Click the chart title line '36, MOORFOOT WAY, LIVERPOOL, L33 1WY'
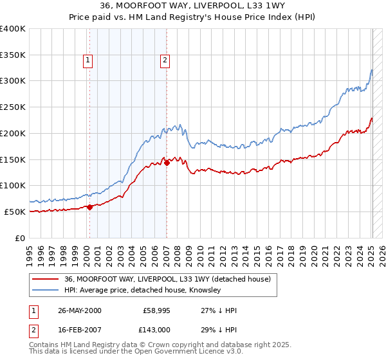pyautogui.click(x=193, y=6)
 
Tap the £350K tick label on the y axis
pyautogui.click(x=13, y=55)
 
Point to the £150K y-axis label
pyautogui.click(x=13, y=159)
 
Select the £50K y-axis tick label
pyautogui.click(x=15, y=212)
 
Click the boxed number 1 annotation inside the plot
pyautogui.click(x=87, y=61)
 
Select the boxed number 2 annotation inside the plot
pyautogui.click(x=165, y=61)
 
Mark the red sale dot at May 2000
pyautogui.click(x=89, y=206)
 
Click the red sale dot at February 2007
pyautogui.click(x=166, y=163)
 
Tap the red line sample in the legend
pyautogui.click(x=45, y=280)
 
